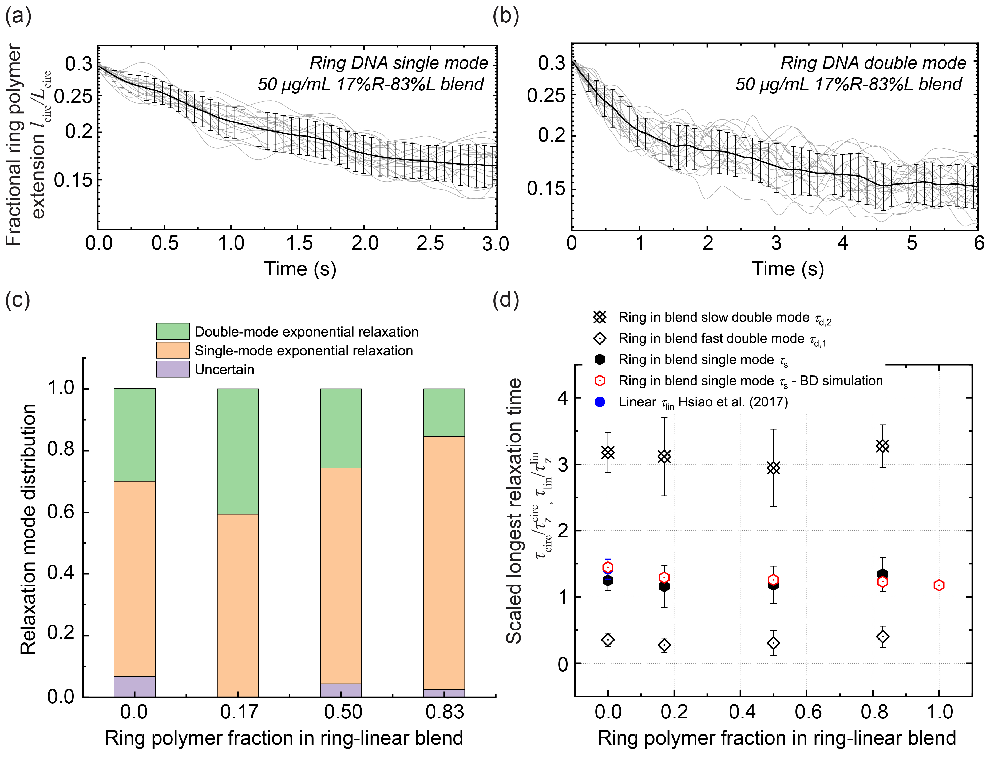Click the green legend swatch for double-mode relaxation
click(x=173, y=331)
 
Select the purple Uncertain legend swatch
click(x=173, y=369)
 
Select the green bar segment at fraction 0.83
click(x=444, y=412)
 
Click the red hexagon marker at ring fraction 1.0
click(x=939, y=585)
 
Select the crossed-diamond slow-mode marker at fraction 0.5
click(x=773, y=468)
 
